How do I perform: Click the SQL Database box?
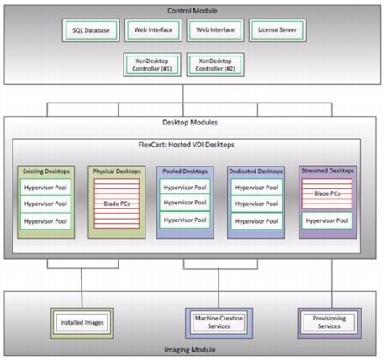click(91, 30)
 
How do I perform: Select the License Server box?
click(278, 30)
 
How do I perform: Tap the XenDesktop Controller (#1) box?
click(152, 65)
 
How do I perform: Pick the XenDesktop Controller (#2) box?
click(215, 65)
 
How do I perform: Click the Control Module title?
click(193, 11)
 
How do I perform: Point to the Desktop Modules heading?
click(190, 123)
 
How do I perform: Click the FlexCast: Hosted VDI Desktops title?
click(187, 145)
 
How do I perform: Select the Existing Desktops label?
click(46, 172)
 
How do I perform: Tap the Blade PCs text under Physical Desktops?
click(117, 204)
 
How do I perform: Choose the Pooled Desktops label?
click(185, 172)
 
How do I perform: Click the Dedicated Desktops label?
click(256, 172)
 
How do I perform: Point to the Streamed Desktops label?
click(328, 171)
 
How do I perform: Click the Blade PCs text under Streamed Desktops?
click(327, 193)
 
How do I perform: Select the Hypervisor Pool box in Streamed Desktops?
click(327, 220)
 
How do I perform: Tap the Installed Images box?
click(82, 323)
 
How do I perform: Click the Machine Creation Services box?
click(219, 323)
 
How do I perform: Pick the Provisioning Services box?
click(330, 323)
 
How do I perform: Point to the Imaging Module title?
click(190, 350)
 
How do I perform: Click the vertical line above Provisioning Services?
click(332, 283)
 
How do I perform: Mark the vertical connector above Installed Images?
click(82, 289)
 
